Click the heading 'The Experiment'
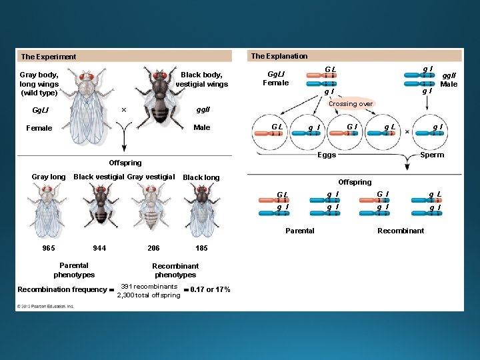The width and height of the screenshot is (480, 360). (49, 57)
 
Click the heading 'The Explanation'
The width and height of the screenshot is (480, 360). (279, 56)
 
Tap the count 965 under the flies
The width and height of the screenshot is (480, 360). (49, 248)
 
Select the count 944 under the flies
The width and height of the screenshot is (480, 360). (99, 248)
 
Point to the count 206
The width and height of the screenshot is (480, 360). (153, 248)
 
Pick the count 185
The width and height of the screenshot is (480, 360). (201, 248)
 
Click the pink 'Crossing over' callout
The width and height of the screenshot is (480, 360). (351, 104)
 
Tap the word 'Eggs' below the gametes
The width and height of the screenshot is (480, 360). (327, 155)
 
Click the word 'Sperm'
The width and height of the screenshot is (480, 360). (432, 155)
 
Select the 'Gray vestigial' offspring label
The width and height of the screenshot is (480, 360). (151, 177)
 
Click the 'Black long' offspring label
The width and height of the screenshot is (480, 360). (201, 177)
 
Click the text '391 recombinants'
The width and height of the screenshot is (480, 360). (149, 286)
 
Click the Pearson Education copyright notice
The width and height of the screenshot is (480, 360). (46, 307)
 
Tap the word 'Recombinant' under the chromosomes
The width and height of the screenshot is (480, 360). (401, 231)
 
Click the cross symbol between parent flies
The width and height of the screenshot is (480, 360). (124, 110)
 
